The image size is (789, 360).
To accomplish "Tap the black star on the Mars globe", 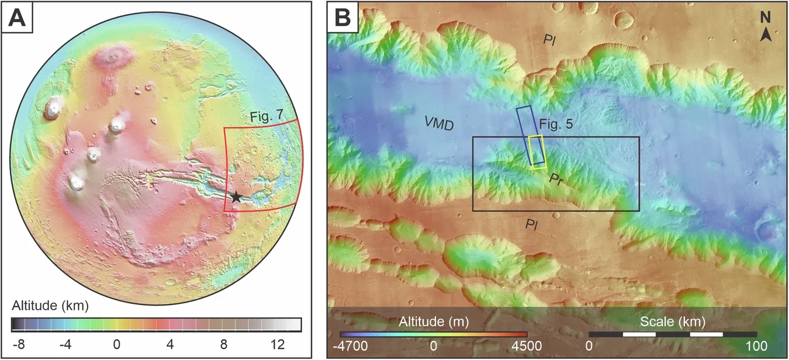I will [x=236, y=197].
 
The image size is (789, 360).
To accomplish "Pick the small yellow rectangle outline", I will [x=537, y=152].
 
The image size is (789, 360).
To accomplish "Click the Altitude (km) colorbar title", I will [x=49, y=306].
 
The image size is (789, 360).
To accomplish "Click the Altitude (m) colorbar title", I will [x=433, y=321].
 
